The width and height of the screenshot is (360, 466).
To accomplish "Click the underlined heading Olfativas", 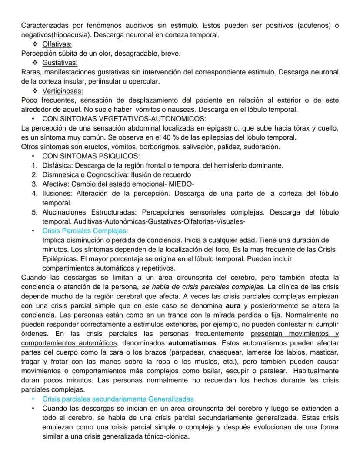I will coord(57,44).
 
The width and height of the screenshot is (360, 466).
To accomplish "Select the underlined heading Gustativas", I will coord(60,63).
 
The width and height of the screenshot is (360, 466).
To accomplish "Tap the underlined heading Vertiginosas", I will coord(63,91).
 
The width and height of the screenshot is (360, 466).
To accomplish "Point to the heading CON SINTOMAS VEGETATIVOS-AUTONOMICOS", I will coord(124,119).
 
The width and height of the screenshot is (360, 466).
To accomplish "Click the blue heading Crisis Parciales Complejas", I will coord(85,231).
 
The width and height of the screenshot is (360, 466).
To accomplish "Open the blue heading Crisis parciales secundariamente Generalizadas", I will coord(118,399).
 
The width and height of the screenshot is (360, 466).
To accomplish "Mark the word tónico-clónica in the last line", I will coord(168,436).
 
